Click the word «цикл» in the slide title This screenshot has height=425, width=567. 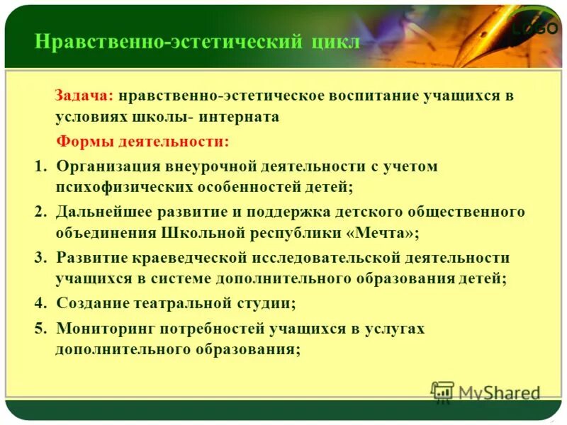point(335,42)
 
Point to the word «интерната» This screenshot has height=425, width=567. point(239,118)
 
